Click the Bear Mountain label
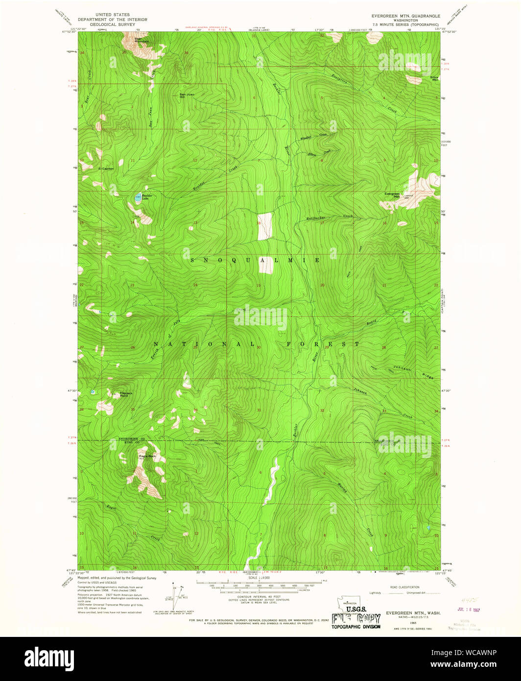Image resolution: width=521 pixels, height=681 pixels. pyautogui.click(x=142, y=40)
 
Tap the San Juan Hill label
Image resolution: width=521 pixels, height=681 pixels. pyautogui.click(x=187, y=96)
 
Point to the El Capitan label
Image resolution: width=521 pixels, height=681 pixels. pyautogui.click(x=106, y=169)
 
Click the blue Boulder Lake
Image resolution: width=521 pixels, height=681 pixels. pyautogui.click(x=138, y=198)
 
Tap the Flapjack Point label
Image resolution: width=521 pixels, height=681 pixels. pyautogui.click(x=126, y=394)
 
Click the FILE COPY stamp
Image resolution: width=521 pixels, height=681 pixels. pyautogui.click(x=355, y=619)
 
